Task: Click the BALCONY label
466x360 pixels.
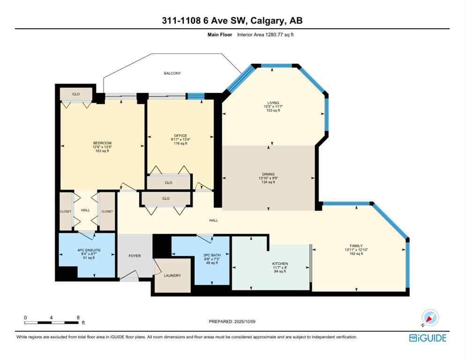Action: [172, 74]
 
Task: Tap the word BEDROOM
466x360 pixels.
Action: [102, 143]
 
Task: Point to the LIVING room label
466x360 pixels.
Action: [273, 103]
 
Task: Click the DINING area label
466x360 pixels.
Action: [268, 174]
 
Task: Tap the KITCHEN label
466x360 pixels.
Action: [280, 264]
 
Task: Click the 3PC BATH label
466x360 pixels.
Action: [211, 255]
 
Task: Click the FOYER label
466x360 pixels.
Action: [135, 256]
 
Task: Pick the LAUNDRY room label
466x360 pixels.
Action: [172, 276]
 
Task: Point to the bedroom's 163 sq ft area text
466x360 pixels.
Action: [102, 151]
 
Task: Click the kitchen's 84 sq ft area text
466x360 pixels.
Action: [280, 271]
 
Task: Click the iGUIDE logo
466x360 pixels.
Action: [428, 337]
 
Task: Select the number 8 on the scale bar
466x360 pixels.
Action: [78, 317]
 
